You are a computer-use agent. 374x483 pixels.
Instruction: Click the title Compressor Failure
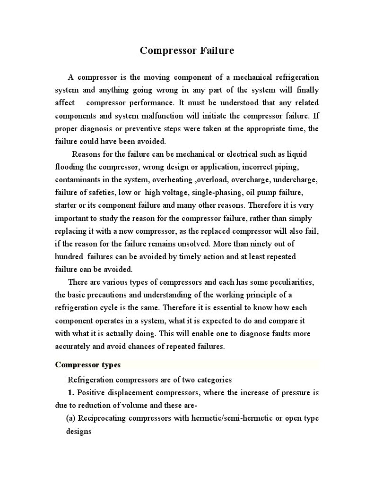(187, 51)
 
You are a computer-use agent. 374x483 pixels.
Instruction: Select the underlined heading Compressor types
(88, 364)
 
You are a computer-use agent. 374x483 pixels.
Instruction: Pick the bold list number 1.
(71, 393)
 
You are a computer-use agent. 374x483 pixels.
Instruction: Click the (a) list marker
(71, 418)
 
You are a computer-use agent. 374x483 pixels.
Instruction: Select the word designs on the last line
(78, 431)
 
